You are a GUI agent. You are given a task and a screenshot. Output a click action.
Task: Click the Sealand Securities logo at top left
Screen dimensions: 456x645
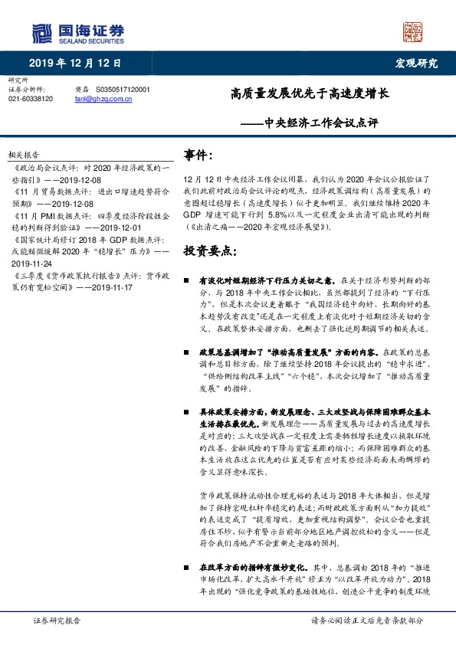[77, 31]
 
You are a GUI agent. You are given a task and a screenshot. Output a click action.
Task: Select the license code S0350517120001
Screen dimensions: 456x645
[123, 89]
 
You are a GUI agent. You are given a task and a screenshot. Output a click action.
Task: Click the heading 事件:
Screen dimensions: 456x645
[198, 156]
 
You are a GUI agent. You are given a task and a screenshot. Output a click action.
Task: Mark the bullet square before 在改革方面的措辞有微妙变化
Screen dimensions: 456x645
[187, 568]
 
